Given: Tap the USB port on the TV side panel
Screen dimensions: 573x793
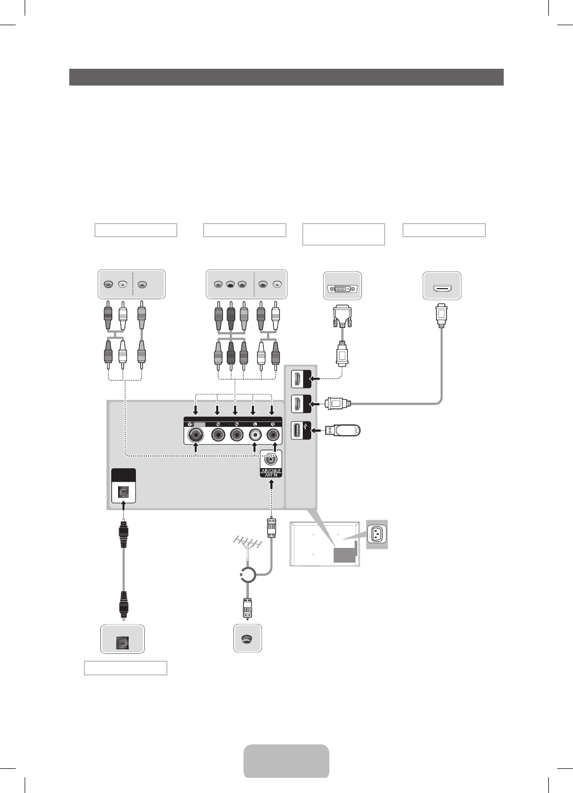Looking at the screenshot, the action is pyautogui.click(x=296, y=431).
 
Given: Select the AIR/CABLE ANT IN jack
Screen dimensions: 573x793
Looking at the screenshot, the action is pyautogui.click(x=271, y=459).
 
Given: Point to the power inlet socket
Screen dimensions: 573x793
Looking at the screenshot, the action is pyautogui.click(x=377, y=534).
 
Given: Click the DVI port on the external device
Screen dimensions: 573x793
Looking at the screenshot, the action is pyautogui.click(x=343, y=288).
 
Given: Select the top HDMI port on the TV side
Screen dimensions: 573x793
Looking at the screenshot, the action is pyautogui.click(x=296, y=378).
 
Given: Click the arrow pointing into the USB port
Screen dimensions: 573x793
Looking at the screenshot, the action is pyautogui.click(x=316, y=431).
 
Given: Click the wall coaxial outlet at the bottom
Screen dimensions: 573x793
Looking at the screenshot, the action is pyautogui.click(x=247, y=639).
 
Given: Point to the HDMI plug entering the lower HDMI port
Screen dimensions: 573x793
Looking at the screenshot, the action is pyautogui.click(x=335, y=404).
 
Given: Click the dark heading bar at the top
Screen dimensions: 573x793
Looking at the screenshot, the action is pyautogui.click(x=286, y=77).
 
